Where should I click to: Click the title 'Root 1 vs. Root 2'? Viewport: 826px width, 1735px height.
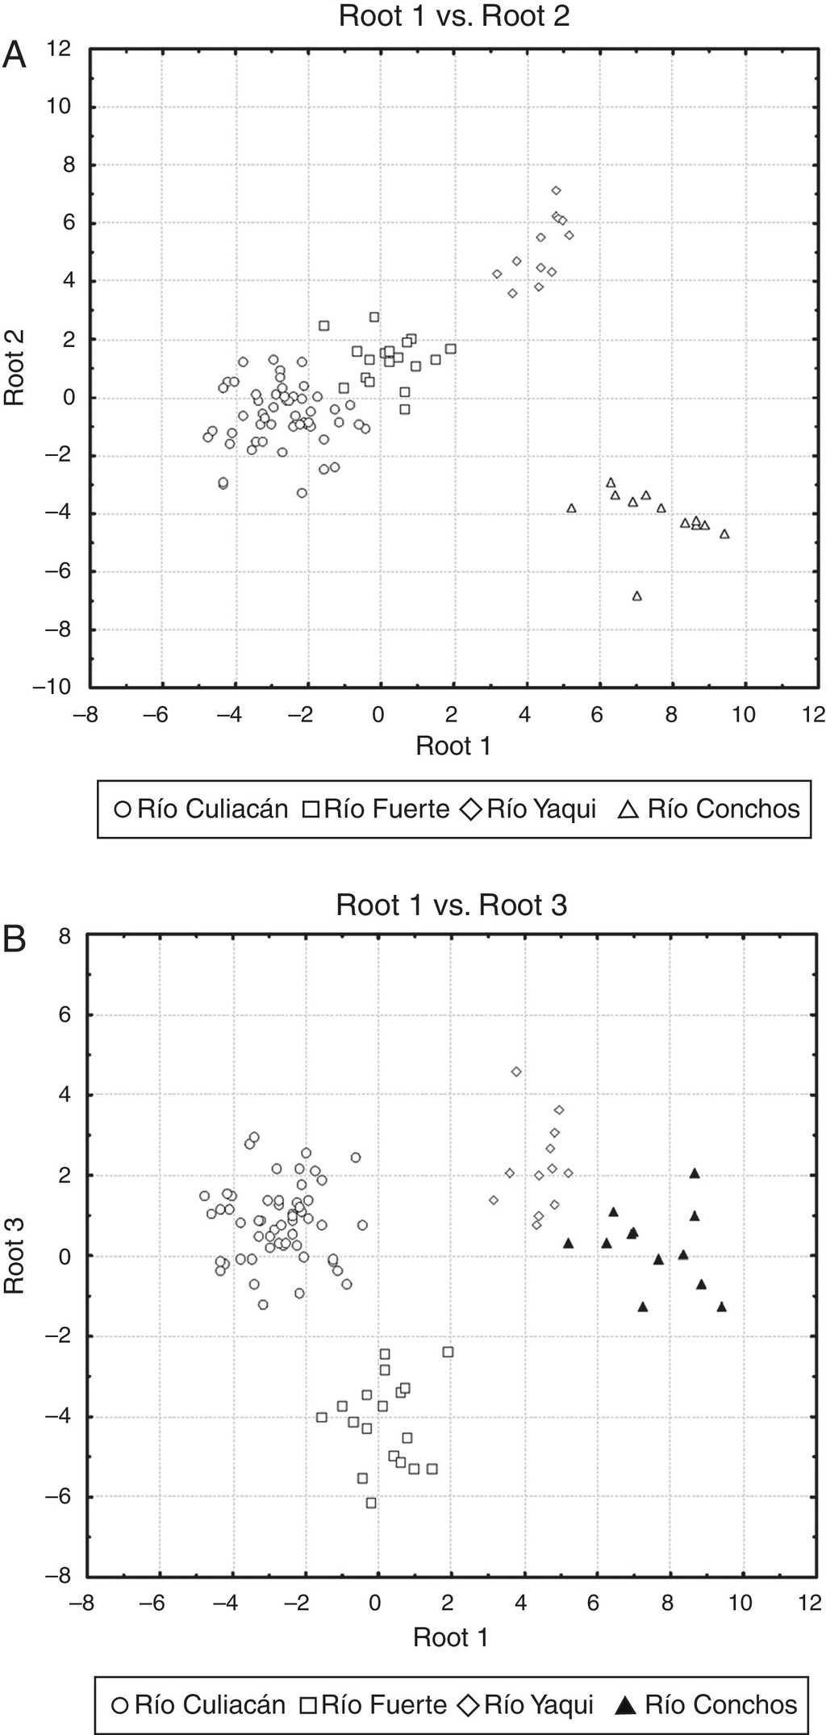(x=453, y=16)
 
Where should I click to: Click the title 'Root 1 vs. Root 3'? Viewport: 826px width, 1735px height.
(x=451, y=905)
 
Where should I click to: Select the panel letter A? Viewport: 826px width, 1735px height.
(x=15, y=55)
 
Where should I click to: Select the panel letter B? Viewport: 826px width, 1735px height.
(x=15, y=939)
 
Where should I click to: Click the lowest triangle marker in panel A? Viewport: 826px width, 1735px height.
(x=637, y=596)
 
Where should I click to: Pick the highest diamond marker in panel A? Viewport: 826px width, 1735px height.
(x=556, y=190)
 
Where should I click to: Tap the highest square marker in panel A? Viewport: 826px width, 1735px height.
(x=374, y=317)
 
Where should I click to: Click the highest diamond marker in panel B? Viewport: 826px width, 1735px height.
(x=516, y=1072)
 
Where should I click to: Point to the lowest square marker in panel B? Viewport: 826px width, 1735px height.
(x=371, y=1503)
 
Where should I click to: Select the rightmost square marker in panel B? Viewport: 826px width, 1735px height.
(x=448, y=1352)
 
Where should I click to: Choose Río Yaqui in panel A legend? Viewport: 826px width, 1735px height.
(x=540, y=809)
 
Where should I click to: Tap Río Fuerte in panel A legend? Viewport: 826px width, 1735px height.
(x=386, y=809)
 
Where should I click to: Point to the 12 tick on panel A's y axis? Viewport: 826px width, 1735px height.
(x=58, y=48)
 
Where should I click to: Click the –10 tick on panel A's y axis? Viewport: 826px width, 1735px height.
(x=52, y=687)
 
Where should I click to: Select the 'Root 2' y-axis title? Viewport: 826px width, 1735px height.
(x=15, y=367)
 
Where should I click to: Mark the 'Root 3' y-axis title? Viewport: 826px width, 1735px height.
(x=15, y=1256)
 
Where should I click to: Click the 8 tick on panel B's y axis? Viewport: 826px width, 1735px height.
(x=65, y=936)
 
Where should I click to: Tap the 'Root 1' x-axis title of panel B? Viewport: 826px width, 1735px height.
(x=450, y=1637)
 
